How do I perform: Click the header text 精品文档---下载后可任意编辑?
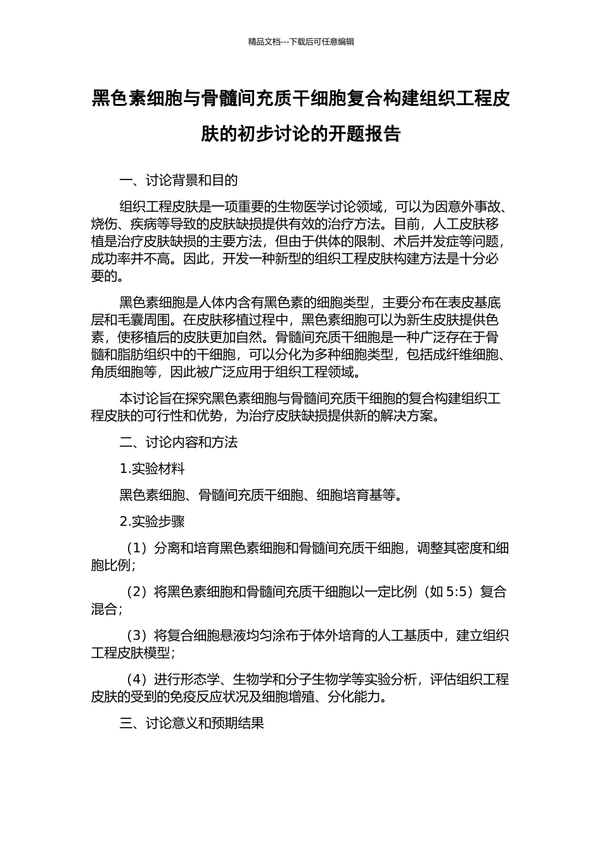(x=301, y=42)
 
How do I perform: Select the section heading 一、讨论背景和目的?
(x=179, y=181)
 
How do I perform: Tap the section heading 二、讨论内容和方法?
(x=179, y=442)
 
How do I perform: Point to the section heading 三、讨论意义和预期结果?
(x=191, y=723)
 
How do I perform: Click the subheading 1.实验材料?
(x=152, y=469)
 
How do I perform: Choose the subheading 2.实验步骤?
(x=152, y=522)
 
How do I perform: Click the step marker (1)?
(x=137, y=548)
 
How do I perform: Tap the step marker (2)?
(x=137, y=592)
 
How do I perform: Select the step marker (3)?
(x=137, y=636)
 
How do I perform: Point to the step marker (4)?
(x=137, y=680)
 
